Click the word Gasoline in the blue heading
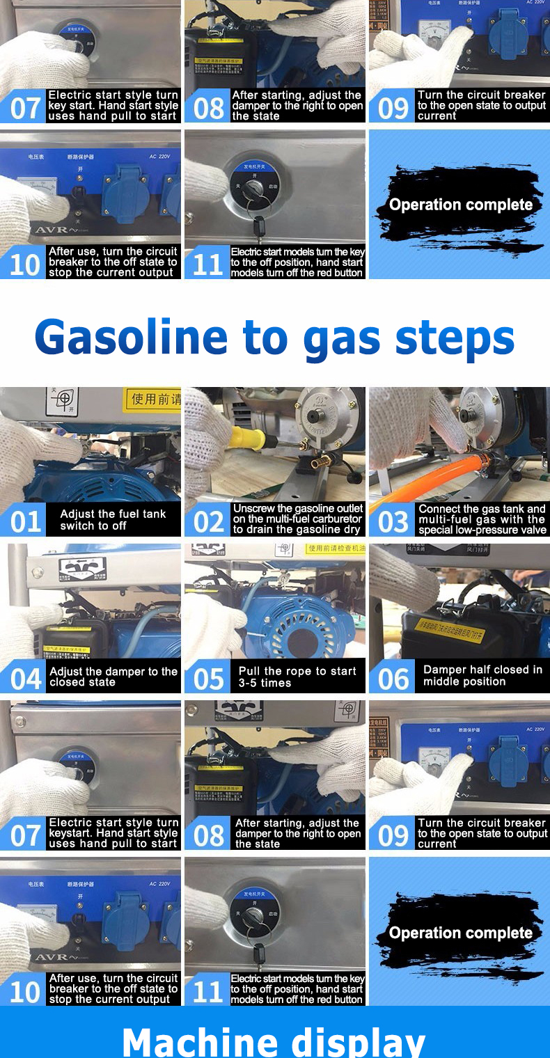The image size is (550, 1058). (132, 338)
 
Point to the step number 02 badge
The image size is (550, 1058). (207, 521)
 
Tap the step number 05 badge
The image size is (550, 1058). (207, 677)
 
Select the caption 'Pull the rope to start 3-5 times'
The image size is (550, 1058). (297, 677)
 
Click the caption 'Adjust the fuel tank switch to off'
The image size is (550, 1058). (113, 520)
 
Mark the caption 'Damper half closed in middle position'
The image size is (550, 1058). (482, 675)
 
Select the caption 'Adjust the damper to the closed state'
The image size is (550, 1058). (113, 677)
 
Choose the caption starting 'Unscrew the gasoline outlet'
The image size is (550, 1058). (298, 519)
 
